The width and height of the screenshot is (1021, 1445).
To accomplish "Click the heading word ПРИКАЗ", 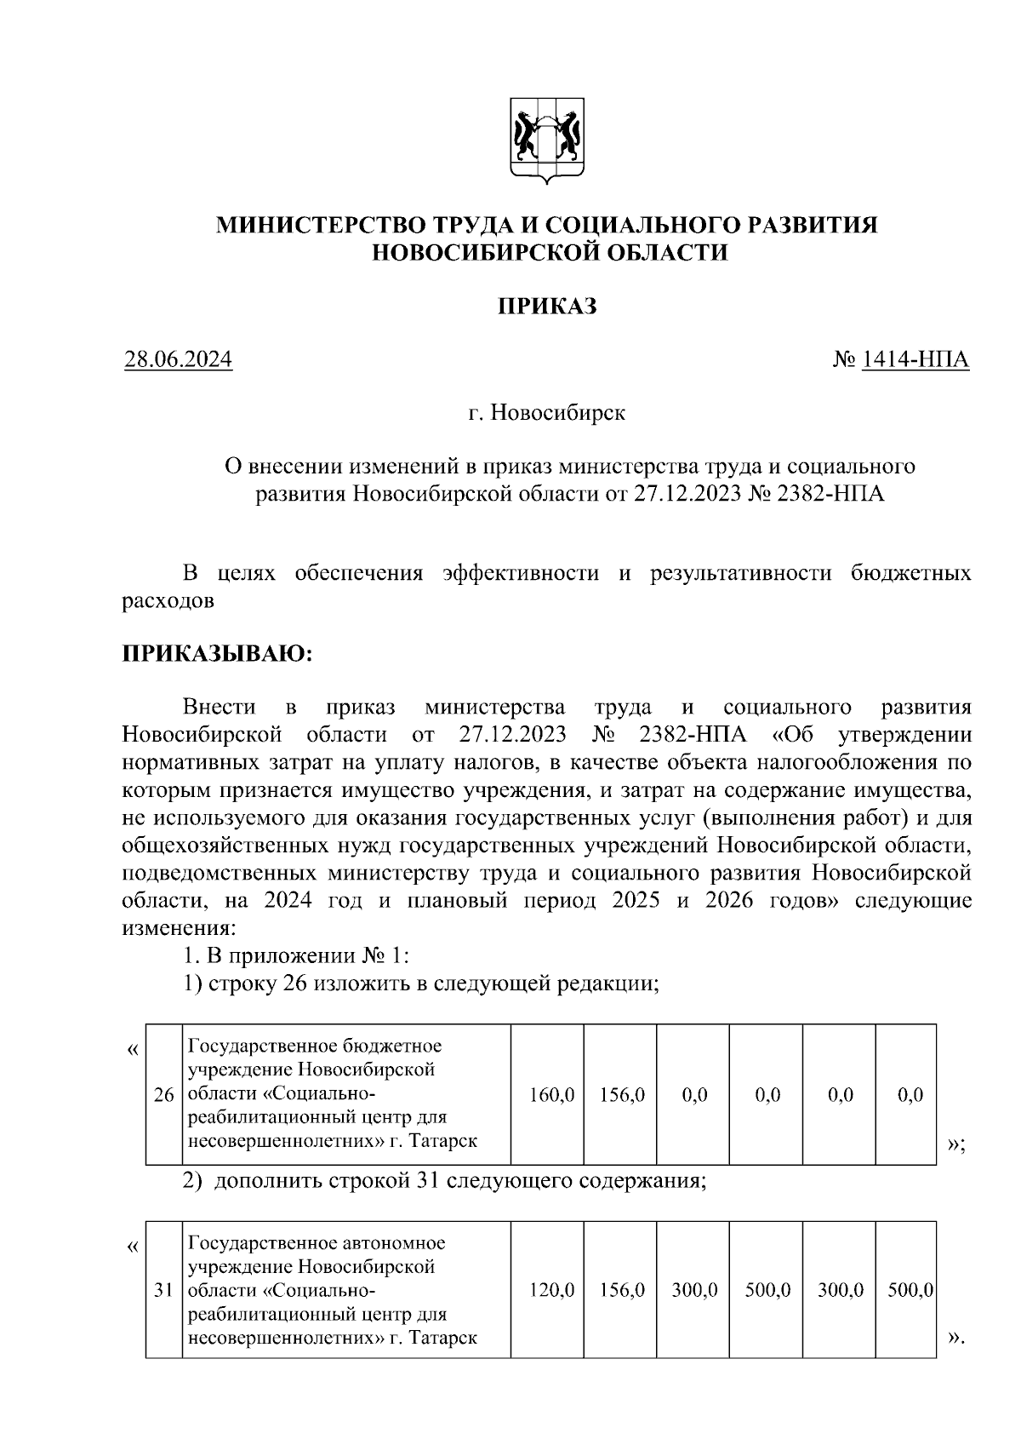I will click(546, 306).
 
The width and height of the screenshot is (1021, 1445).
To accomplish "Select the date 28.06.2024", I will click(178, 360).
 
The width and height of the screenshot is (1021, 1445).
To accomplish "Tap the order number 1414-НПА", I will click(915, 360).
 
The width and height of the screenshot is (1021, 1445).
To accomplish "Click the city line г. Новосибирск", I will click(546, 414).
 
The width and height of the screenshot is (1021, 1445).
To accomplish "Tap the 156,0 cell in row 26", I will click(622, 1095).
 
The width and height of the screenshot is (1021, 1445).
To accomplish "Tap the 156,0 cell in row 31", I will click(622, 1291).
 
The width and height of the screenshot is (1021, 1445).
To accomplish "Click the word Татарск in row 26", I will click(445, 1140).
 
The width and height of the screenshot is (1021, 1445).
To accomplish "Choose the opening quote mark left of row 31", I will click(131, 1247).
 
